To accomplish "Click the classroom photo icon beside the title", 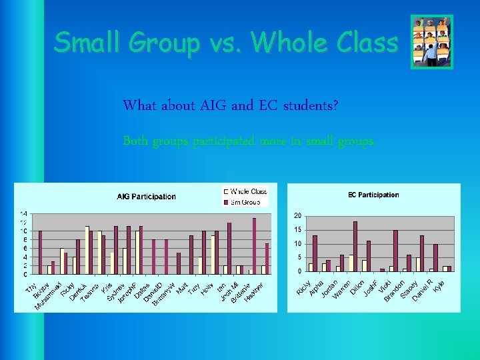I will coord(431,42).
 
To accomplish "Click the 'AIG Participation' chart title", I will coord(146,197).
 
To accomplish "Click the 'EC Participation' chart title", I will coord(373,195).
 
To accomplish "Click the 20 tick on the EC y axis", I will coord(297,216).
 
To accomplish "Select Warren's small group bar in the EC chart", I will coord(342,263).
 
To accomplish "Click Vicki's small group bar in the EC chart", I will coord(383,269).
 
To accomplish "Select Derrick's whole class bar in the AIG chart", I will coord(74,265).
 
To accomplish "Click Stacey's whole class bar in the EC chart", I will coord(405,269).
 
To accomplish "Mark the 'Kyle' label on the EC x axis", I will coord(438,285).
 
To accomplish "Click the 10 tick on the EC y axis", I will coord(297,244).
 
